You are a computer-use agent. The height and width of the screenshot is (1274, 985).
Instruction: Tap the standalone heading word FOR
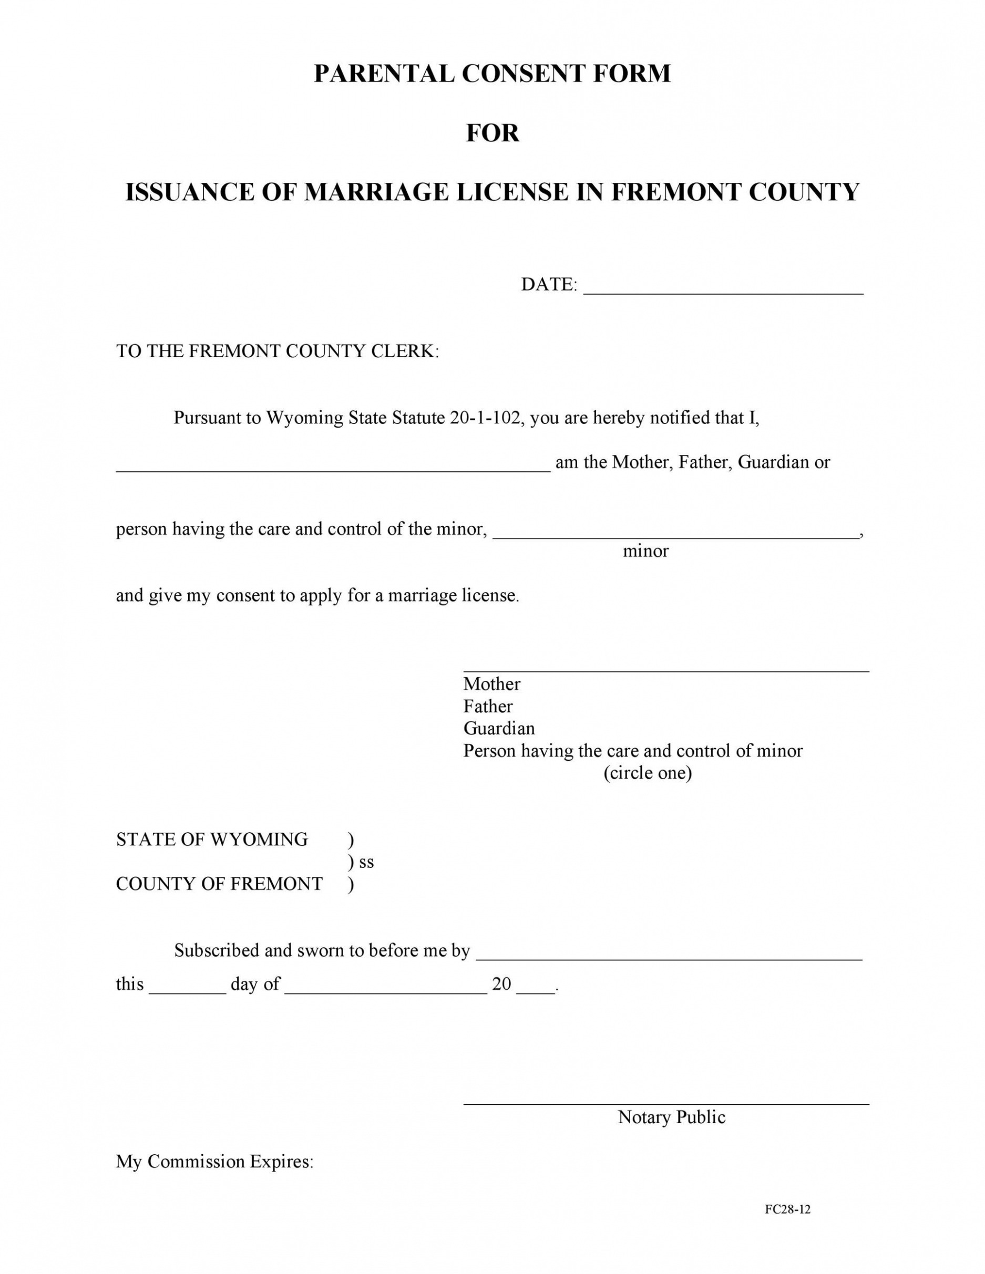[x=493, y=133]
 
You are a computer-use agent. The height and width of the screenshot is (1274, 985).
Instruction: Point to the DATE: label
[x=549, y=285]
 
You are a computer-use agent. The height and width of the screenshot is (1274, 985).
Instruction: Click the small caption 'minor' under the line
[x=645, y=551]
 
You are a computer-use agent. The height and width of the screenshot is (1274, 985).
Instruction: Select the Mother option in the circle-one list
[x=491, y=684]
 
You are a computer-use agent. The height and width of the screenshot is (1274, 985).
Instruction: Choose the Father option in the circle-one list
[x=488, y=707]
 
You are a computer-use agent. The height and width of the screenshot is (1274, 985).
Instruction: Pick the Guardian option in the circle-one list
[x=499, y=729]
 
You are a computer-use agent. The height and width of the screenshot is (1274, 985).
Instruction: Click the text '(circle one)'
[x=647, y=773]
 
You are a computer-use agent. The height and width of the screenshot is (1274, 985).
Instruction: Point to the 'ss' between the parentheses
[x=366, y=862]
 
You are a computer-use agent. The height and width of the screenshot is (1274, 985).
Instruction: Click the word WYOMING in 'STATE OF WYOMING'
[x=259, y=840]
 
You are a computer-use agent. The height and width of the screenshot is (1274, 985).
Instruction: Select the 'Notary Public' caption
[x=671, y=1117]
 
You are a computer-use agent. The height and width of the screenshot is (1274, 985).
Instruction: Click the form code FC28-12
[x=787, y=1209]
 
